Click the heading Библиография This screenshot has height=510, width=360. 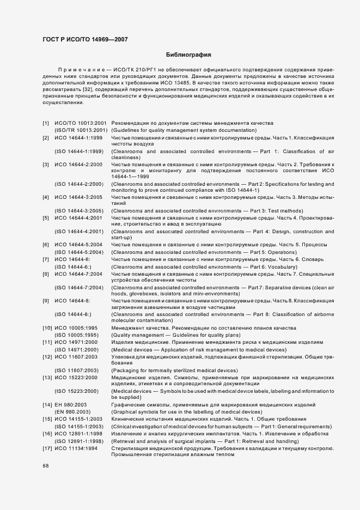coord(188,55)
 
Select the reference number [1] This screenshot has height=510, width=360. coord(46,123)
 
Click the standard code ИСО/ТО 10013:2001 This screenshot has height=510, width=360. coord(80,123)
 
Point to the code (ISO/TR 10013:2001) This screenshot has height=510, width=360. coord(80,130)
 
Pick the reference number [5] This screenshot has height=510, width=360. coord(46,218)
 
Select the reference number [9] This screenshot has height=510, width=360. coord(46,301)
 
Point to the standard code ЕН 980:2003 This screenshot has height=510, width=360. coord(74,405)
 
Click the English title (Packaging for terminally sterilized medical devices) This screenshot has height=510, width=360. coord(174,371)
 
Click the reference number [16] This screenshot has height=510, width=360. coord(47,433)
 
